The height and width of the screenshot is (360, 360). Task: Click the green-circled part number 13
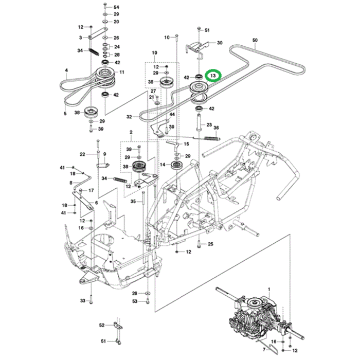click(x=213, y=76)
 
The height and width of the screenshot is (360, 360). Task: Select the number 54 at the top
click(x=116, y=6)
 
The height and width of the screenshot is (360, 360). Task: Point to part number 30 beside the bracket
click(x=220, y=43)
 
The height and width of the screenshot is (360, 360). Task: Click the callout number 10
click(x=167, y=38)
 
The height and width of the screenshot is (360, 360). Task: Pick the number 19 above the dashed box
click(x=153, y=53)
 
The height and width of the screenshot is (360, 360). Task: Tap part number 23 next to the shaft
click(x=209, y=124)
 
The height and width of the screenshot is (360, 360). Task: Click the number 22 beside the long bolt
click(x=82, y=154)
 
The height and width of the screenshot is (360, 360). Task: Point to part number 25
click(x=210, y=244)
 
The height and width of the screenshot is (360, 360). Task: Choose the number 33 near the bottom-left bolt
click(x=82, y=300)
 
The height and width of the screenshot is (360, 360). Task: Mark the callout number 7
click(x=265, y=349)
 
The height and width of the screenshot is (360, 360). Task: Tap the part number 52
click(x=101, y=325)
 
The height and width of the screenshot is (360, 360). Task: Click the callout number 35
click(x=133, y=202)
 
